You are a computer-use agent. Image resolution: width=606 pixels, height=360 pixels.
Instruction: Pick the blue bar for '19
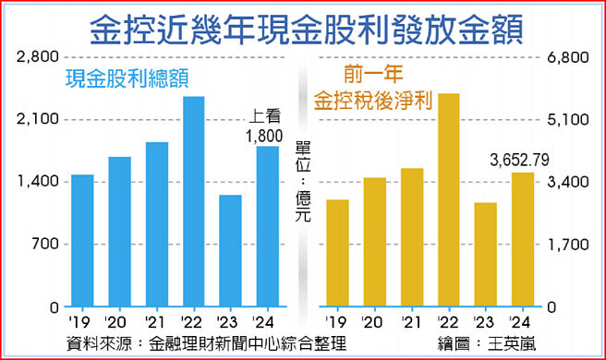(x=82, y=240)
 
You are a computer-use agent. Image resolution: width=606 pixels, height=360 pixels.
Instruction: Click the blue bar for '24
(x=267, y=226)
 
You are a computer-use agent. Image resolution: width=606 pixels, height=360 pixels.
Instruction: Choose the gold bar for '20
(x=374, y=242)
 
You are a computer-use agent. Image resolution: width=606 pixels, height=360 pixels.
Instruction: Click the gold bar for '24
(x=522, y=239)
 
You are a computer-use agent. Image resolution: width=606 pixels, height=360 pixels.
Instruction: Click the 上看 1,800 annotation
(x=265, y=127)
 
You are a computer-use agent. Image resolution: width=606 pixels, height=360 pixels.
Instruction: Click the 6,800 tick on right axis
(x=569, y=57)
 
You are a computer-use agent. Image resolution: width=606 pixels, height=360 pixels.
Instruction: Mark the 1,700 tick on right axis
(x=569, y=245)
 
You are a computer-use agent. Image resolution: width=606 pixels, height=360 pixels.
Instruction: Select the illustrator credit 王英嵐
(x=513, y=344)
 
